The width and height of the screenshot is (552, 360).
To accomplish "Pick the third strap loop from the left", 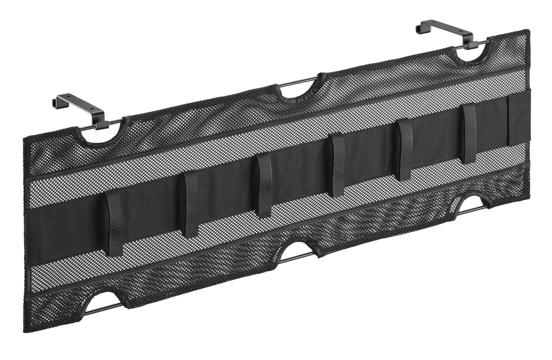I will pyautogui.click(x=264, y=185).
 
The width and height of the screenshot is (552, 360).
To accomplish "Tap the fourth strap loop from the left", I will pyautogui.click(x=337, y=165).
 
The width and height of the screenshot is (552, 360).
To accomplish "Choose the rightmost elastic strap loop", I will pyautogui.click(x=470, y=134).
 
